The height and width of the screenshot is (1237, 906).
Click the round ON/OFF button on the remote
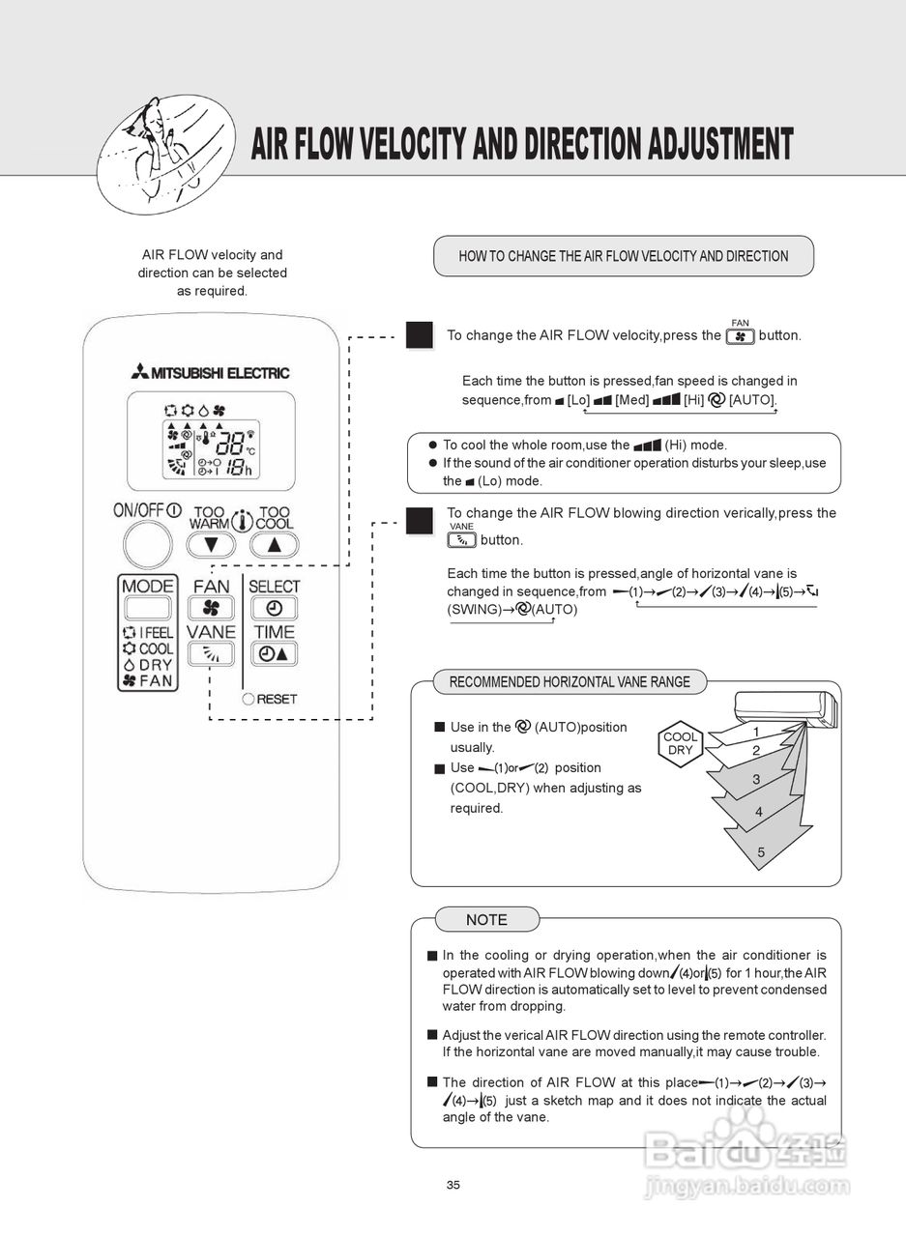point(147,544)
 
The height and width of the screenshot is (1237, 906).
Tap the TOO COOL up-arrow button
point(275,544)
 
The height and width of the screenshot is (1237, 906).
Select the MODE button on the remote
point(147,608)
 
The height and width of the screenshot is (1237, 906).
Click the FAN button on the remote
point(211,608)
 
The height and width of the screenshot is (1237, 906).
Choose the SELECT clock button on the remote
point(275,608)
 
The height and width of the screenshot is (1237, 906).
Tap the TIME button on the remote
point(275,654)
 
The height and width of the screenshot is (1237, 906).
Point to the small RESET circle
point(248,699)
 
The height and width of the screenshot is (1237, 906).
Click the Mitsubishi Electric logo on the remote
point(211,373)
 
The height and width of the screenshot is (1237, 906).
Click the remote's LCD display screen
point(211,442)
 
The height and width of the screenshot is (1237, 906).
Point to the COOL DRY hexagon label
point(681,743)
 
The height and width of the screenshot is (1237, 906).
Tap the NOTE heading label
point(486,919)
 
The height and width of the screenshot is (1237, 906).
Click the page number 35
point(453,1186)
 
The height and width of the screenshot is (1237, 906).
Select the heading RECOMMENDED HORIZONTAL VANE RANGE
point(570,682)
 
